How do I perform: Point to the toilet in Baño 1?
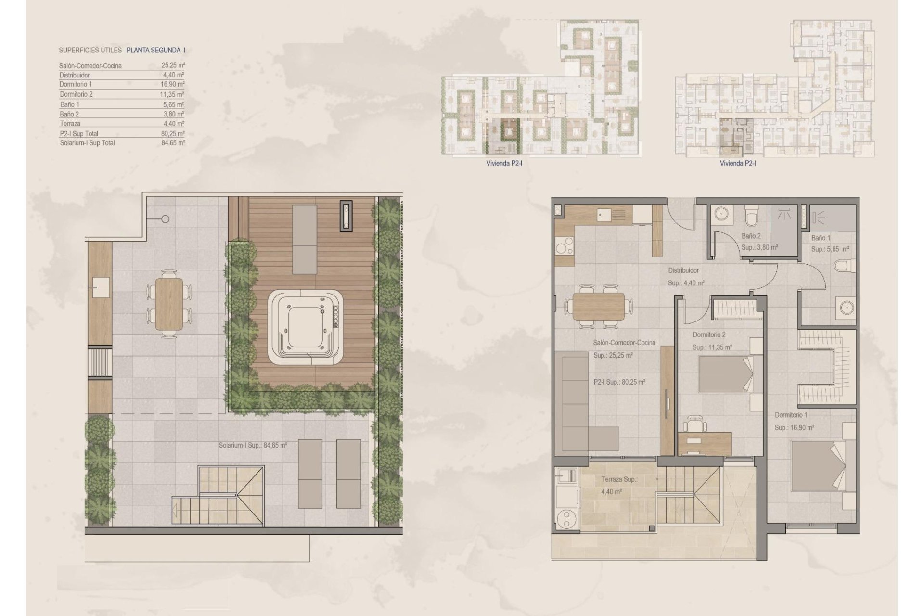click(x=848, y=265)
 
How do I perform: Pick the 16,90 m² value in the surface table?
click(x=173, y=84)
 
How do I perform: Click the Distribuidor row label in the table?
click(x=75, y=75)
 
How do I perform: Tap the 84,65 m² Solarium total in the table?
click(x=173, y=143)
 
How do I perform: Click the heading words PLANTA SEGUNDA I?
click(x=156, y=50)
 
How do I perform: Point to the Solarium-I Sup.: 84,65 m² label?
click(x=253, y=446)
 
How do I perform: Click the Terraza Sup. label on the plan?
click(x=619, y=480)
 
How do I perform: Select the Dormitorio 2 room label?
click(x=709, y=335)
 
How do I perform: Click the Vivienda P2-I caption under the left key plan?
click(x=504, y=164)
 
